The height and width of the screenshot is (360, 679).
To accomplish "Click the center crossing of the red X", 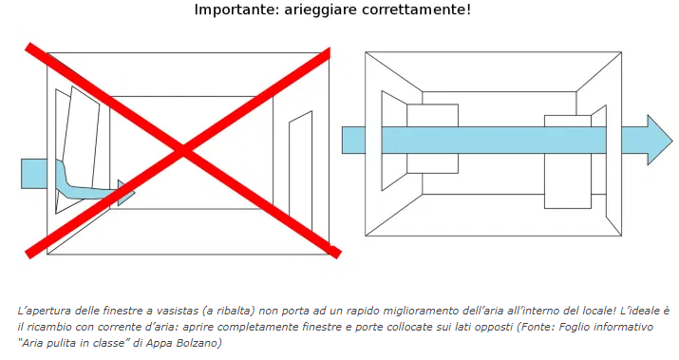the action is [x=183, y=151].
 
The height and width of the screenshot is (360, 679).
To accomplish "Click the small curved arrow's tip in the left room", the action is [x=134, y=193].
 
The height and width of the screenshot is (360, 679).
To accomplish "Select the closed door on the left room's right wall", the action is [x=300, y=170].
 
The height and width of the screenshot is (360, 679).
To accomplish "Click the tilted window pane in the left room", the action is [x=82, y=139].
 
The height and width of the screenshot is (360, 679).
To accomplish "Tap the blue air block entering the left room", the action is [x=34, y=174].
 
